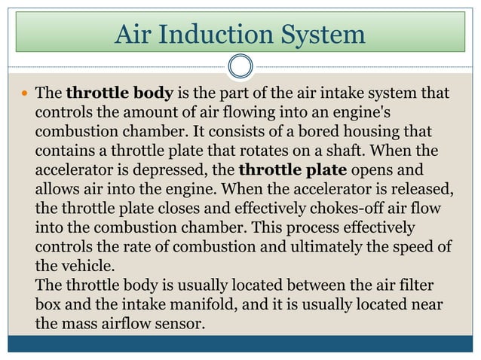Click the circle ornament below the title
240,66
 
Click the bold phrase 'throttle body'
121,94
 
